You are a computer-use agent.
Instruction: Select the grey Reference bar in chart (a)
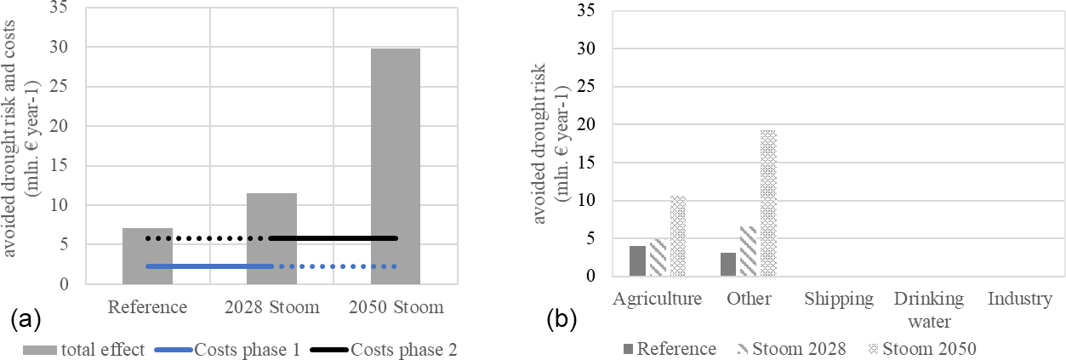point(147,255)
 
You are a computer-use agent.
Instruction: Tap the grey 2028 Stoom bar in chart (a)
point(271,238)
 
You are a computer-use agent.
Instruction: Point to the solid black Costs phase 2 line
point(333,238)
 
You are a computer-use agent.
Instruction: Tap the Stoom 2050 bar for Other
point(768,203)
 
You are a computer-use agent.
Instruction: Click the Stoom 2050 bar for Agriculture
point(677,236)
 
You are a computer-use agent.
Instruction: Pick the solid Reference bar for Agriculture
point(637,260)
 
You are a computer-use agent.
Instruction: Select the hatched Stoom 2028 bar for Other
point(748,251)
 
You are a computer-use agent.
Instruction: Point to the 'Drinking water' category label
point(929,310)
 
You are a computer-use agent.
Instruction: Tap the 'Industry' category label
point(1020,299)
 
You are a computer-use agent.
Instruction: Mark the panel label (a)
point(22,321)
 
